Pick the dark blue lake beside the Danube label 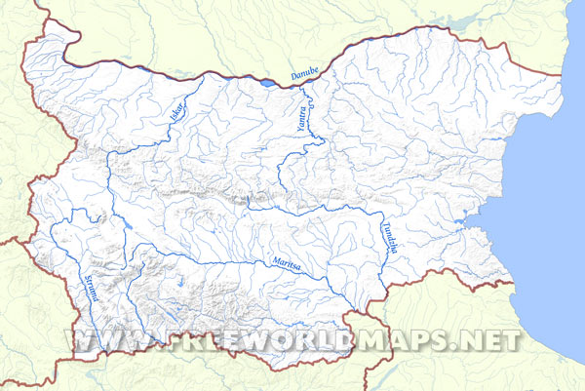click(x=266, y=84)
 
